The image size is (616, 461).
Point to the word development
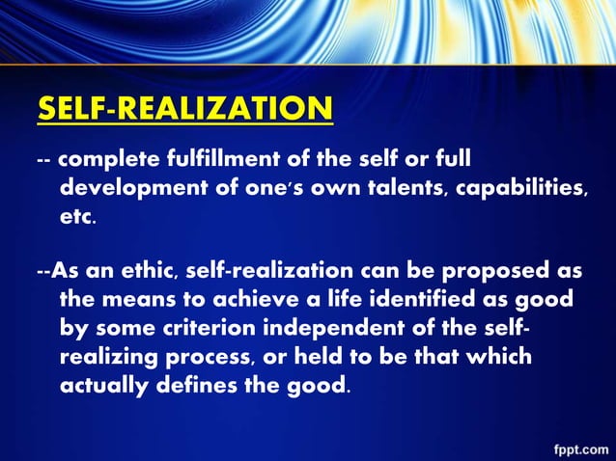pos(135,188)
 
